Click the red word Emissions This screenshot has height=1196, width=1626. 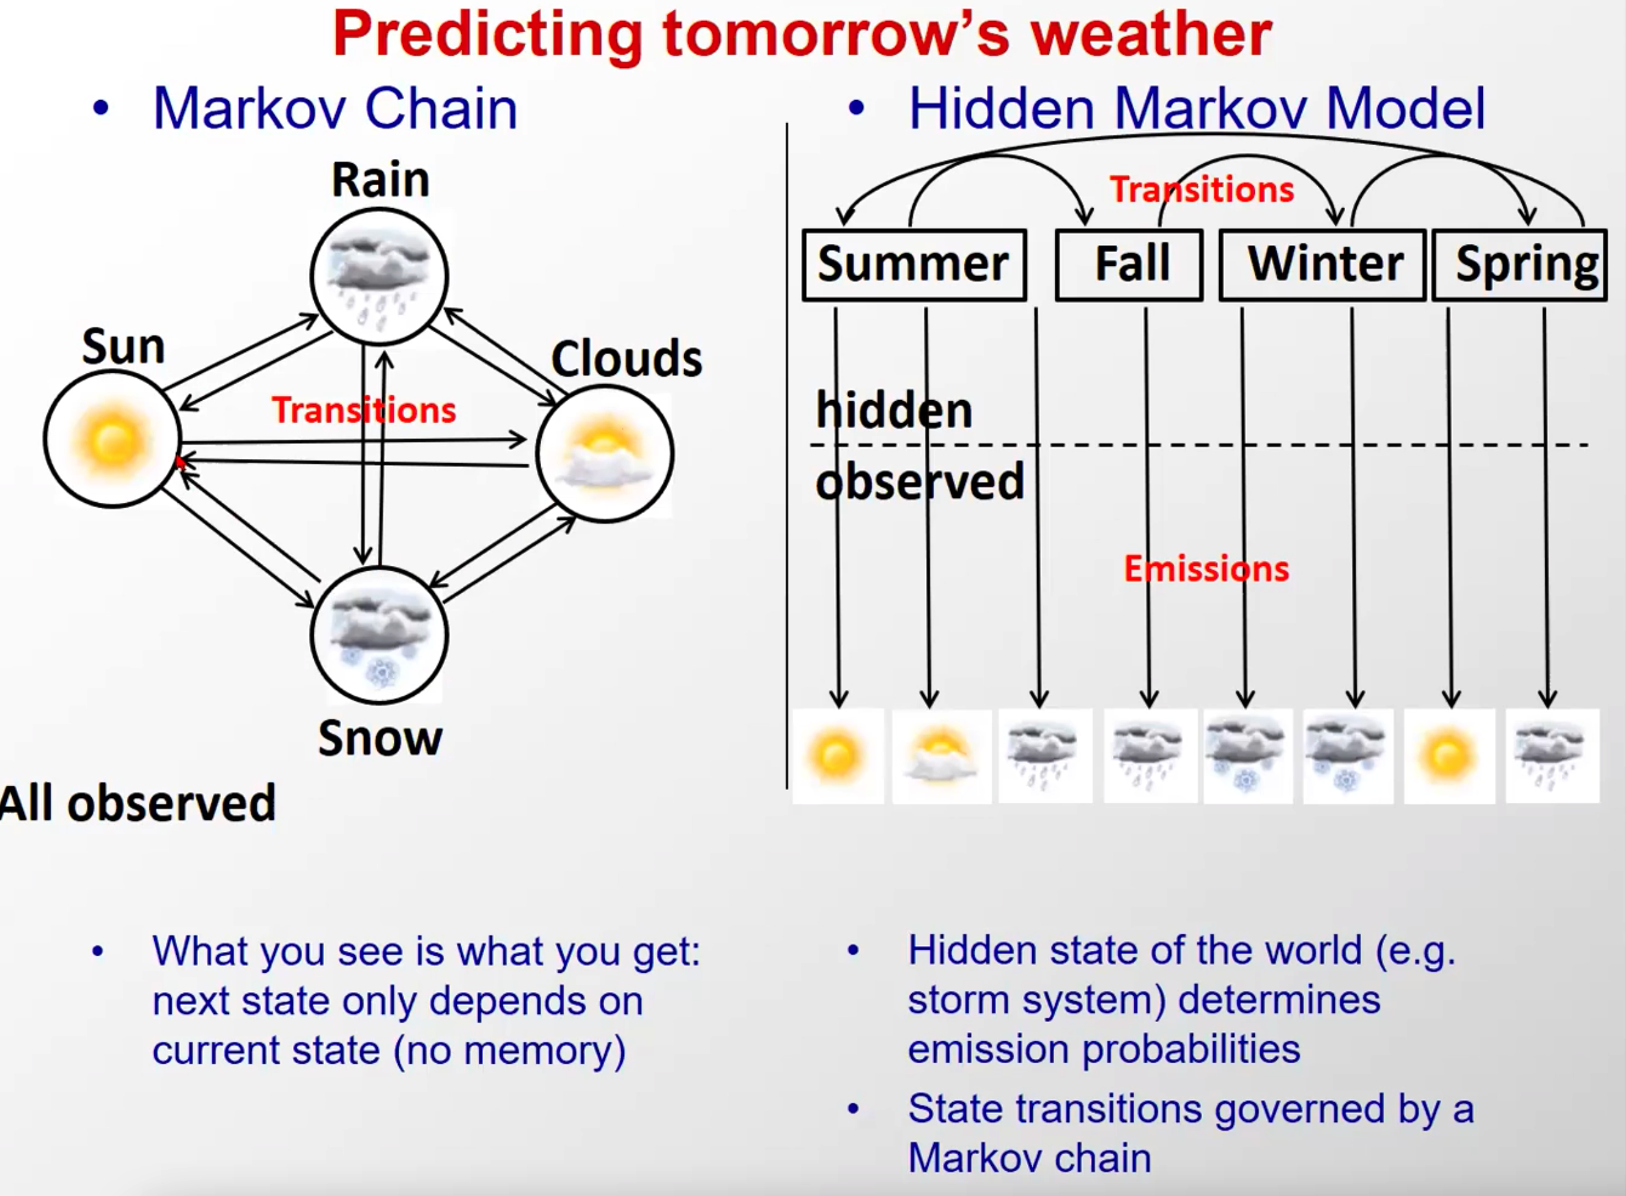click(x=1206, y=569)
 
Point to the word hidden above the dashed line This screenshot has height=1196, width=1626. click(x=894, y=410)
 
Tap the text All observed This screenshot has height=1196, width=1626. click(x=138, y=803)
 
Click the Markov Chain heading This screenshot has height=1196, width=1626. click(x=335, y=109)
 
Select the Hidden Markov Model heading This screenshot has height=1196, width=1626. click(x=1197, y=109)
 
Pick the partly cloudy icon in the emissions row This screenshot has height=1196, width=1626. click(x=941, y=756)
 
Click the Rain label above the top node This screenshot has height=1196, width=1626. click(x=380, y=179)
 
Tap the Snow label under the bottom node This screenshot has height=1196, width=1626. click(x=380, y=738)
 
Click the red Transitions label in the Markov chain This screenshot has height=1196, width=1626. click(x=364, y=410)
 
